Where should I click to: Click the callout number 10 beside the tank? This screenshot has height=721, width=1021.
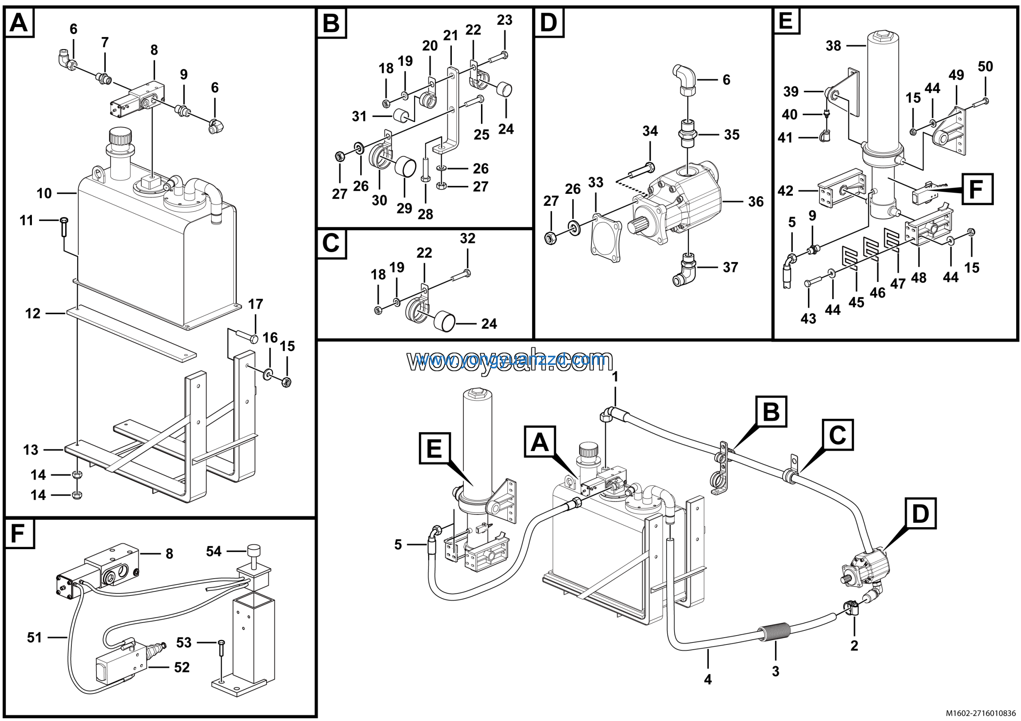[44, 193]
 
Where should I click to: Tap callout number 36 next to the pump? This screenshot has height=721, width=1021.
[755, 202]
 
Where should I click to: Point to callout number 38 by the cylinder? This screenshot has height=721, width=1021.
[833, 46]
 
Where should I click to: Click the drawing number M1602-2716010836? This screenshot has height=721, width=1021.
[980, 713]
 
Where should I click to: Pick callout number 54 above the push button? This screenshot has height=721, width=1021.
[213, 551]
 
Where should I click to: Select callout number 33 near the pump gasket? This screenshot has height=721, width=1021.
[595, 182]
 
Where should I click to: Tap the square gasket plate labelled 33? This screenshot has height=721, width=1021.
[606, 238]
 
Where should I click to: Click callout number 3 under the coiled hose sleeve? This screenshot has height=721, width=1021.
[776, 671]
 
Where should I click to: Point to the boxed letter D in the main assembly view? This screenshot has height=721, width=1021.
[920, 513]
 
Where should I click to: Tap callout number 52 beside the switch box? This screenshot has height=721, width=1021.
[182, 667]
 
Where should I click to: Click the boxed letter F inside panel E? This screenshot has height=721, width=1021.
[977, 189]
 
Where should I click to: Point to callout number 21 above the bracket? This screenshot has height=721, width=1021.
[450, 35]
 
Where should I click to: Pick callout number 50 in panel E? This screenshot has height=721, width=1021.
[986, 66]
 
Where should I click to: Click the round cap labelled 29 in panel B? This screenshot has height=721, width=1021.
[406, 166]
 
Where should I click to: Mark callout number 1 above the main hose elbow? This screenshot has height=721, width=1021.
[615, 377]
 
